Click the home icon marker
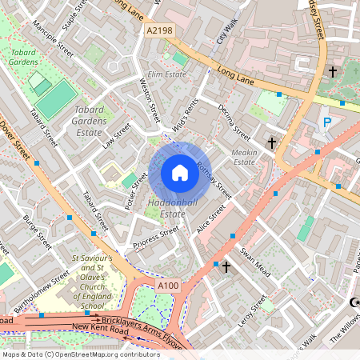(x=180, y=173)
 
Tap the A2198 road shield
(x=159, y=30)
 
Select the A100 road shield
(x=168, y=286)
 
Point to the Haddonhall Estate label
(x=166, y=208)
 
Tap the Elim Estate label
(x=166, y=74)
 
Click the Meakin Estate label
(x=244, y=156)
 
